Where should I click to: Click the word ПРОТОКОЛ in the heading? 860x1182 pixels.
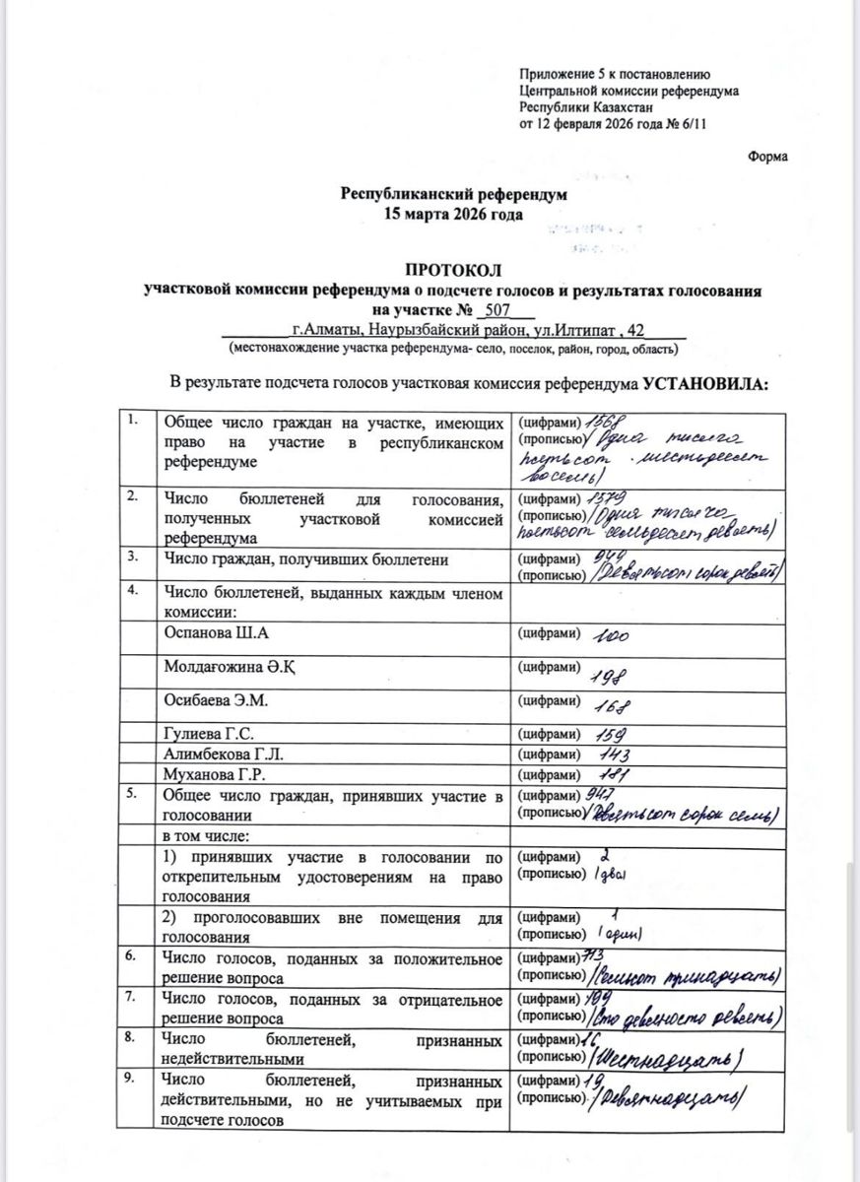coord(454,271)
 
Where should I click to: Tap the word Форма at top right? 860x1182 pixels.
coord(767,156)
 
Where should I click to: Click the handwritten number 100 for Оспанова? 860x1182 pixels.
coord(610,637)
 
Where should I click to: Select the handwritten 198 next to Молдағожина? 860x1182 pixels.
coord(609,675)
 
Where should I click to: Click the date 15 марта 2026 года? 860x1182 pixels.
coord(454,214)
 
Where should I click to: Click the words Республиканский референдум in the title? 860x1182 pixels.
coord(454,196)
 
